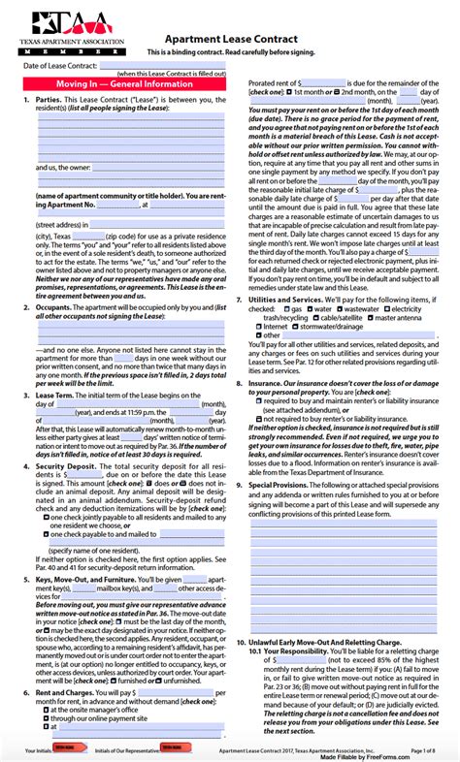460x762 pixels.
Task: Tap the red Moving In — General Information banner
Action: point(125,86)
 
